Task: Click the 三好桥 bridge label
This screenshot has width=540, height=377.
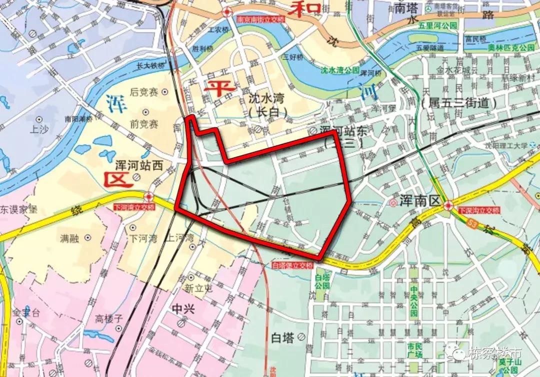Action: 293,56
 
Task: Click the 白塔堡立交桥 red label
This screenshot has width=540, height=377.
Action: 292,265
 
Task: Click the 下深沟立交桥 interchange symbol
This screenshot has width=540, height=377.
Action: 448,205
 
